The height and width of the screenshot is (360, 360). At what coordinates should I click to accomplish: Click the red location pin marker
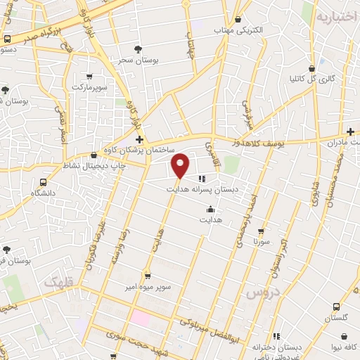click(x=181, y=165)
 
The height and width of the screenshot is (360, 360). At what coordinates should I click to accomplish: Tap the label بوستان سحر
click(x=138, y=61)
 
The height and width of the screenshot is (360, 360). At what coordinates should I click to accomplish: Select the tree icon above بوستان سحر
click(x=138, y=49)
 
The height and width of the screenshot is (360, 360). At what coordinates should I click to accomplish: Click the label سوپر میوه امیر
click(x=147, y=287)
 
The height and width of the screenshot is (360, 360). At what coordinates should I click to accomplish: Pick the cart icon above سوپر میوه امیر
click(x=147, y=276)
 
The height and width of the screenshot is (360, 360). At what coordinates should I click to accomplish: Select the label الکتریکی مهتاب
click(x=238, y=31)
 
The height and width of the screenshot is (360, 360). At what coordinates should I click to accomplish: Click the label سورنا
click(x=262, y=241)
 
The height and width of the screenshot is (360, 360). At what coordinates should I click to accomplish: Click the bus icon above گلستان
click(x=336, y=307)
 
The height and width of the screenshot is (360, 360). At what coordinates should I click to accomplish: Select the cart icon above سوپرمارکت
click(x=89, y=76)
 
